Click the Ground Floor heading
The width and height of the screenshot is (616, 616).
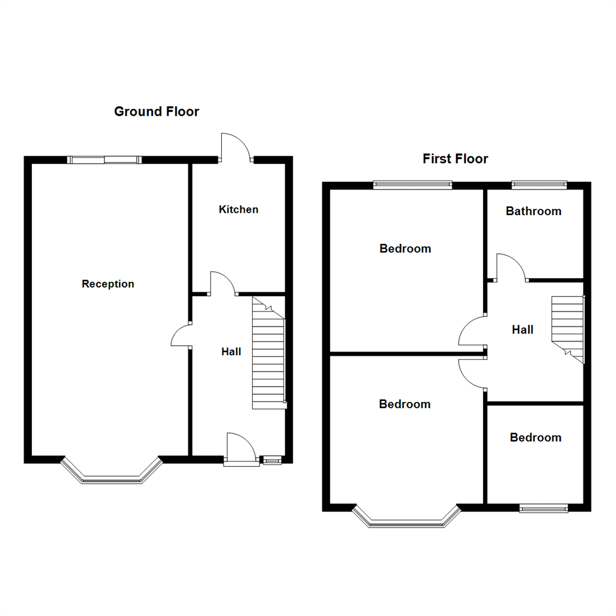(x=156, y=111)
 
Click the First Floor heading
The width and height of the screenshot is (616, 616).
(x=455, y=159)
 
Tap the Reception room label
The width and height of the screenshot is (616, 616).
(x=108, y=284)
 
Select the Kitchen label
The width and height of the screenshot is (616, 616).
(x=238, y=209)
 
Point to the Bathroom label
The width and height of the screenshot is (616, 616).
(x=533, y=211)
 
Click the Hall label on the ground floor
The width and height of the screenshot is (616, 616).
(x=231, y=352)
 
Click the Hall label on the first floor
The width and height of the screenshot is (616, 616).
(x=522, y=330)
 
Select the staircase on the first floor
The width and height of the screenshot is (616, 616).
(x=568, y=328)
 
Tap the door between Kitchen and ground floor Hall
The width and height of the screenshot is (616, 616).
(x=222, y=283)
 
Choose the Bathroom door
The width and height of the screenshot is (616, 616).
(x=510, y=268)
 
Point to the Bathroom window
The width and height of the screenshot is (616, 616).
(x=539, y=184)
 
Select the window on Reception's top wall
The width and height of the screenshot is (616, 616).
(x=104, y=160)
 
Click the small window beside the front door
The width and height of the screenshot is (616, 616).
(x=271, y=460)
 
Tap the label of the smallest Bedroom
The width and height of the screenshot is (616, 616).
(x=536, y=437)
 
